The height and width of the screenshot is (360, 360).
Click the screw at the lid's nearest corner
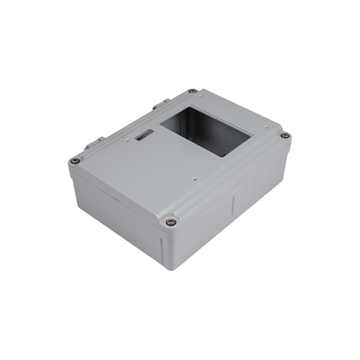(171, 221)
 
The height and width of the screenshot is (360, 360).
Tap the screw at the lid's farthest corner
(192, 91)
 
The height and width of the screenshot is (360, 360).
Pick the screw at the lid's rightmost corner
(284, 135)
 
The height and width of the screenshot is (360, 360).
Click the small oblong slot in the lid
(144, 134)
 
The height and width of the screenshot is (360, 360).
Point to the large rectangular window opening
(205, 130)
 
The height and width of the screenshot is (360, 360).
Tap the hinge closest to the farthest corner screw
(161, 105)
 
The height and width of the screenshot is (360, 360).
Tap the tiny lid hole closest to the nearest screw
(194, 179)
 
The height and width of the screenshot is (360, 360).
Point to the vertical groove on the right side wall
(233, 205)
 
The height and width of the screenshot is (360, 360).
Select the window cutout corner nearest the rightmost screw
(251, 135)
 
